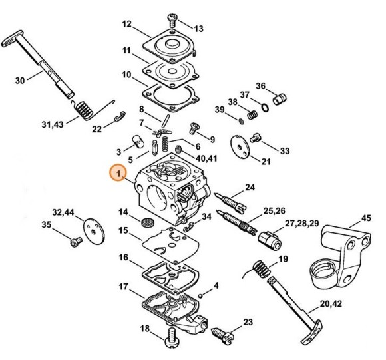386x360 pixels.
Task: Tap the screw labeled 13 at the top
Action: click(x=172, y=20)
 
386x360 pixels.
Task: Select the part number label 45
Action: click(x=366, y=218)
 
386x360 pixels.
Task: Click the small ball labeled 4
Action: click(x=201, y=295)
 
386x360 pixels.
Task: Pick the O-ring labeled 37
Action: click(x=265, y=108)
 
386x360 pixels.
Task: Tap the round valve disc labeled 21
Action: click(x=240, y=146)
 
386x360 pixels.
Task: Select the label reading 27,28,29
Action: click(x=301, y=224)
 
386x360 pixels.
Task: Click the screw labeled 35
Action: click(x=76, y=242)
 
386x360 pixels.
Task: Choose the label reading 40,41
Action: click(x=206, y=158)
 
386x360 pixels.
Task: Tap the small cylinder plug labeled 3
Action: click(x=138, y=142)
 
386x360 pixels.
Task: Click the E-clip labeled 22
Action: click(x=120, y=116)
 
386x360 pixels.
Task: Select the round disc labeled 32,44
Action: click(x=94, y=231)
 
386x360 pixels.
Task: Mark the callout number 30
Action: click(x=20, y=81)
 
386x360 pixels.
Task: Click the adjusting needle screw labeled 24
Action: click(x=230, y=202)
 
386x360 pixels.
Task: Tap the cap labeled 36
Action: click(x=280, y=99)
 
